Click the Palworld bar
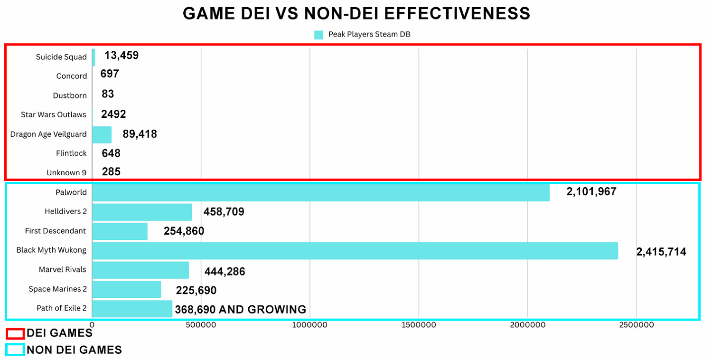point(321,193)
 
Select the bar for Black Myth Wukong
point(355,250)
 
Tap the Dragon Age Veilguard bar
point(102,134)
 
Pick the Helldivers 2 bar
point(142,212)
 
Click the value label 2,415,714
point(661,252)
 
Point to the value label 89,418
point(140,134)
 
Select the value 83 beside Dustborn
point(108,94)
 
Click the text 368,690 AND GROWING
point(240,310)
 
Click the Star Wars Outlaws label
point(54,114)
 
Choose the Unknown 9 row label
point(66,173)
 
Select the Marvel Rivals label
point(63,269)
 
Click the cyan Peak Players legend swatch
point(319,35)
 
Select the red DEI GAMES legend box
point(15,333)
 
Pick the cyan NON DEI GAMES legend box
point(15,350)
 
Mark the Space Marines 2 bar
point(126,289)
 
